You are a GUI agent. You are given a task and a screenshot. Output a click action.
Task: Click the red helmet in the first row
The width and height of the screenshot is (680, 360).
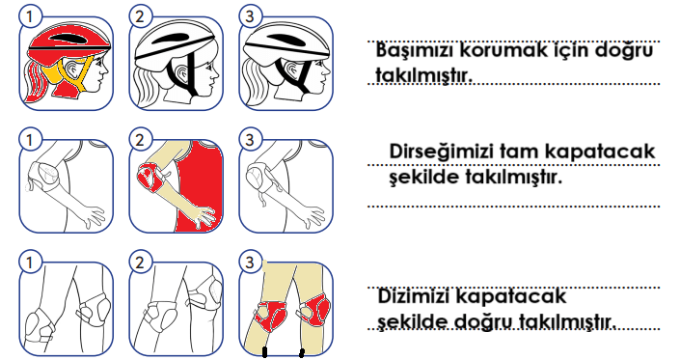[69, 42]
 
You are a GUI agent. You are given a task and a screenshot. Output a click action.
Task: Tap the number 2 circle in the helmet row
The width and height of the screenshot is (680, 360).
[139, 16]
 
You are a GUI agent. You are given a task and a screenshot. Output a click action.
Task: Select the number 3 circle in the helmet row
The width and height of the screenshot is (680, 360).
[249, 16]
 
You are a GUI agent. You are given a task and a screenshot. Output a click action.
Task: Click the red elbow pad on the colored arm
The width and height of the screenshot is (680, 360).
[150, 178]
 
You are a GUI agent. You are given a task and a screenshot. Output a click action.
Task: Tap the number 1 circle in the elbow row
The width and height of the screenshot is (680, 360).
[29, 140]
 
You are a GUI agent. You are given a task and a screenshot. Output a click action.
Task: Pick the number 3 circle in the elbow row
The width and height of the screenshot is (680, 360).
[249, 140]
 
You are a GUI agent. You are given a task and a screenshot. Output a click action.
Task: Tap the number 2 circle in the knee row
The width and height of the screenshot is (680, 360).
[139, 263]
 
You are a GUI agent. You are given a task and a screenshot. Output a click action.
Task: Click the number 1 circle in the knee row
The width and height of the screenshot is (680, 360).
[29, 263]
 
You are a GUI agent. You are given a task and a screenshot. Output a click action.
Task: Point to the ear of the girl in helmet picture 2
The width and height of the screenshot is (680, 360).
[182, 72]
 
